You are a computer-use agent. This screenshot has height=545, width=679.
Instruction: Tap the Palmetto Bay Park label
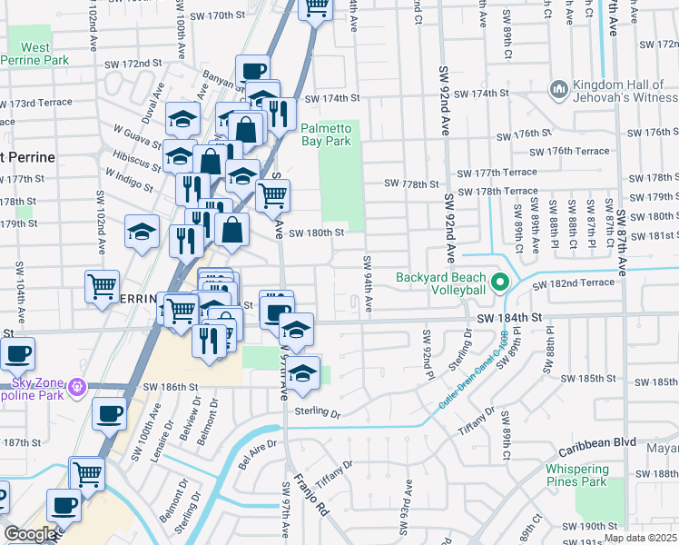point(326,134)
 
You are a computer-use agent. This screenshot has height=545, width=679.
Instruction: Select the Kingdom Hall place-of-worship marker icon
point(558,89)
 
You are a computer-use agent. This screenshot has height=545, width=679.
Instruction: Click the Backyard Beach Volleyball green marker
point(498,282)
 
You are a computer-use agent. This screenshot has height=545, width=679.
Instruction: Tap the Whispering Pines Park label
point(589,475)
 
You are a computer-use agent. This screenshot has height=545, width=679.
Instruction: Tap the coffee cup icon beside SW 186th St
point(110,414)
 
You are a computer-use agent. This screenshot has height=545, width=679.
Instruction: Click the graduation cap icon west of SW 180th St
point(143,233)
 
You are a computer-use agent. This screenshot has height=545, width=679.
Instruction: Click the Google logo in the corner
point(30,534)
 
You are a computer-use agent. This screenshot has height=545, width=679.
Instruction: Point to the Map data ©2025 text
point(641,538)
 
